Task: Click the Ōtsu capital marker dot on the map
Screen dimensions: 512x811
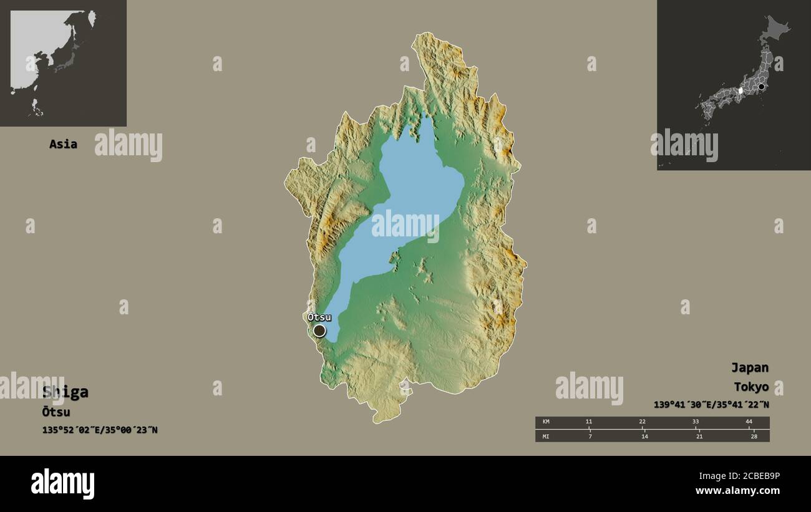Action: point(319,331)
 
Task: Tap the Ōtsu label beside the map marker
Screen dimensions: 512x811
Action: point(319,317)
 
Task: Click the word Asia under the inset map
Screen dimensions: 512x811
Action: point(63,144)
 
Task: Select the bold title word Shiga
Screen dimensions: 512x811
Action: point(66,392)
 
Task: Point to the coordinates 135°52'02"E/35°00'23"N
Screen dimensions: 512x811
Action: point(99,430)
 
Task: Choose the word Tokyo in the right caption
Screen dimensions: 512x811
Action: point(751,387)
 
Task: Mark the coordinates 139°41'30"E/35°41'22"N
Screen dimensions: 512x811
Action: point(711,405)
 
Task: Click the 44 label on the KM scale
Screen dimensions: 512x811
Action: point(749,422)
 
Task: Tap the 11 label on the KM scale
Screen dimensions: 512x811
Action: point(588,422)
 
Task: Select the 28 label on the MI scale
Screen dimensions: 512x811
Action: point(754,436)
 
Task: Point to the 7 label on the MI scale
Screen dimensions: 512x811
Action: point(590,436)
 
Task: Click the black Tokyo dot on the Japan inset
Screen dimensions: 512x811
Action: point(761,87)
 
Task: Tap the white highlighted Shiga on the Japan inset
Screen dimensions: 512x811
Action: point(741,91)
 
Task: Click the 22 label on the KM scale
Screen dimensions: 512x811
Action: point(642,422)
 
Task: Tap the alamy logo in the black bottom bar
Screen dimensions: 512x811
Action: point(62,484)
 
